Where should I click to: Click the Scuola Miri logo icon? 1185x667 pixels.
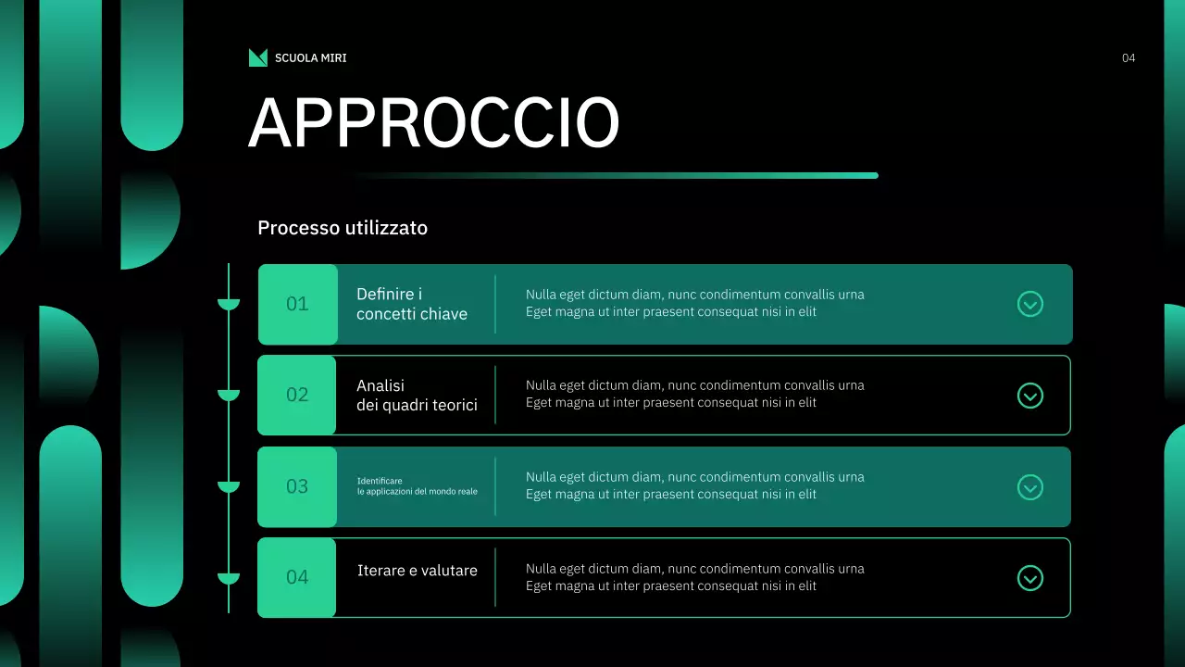[257, 57]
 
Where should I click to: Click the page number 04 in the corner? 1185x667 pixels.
[1128, 58]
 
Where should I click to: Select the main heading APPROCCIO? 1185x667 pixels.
[433, 122]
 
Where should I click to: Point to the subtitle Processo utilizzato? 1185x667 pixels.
[343, 228]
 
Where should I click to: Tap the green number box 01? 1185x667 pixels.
[297, 304]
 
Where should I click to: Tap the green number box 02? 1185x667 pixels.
[297, 395]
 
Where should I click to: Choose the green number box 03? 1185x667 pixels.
[297, 486]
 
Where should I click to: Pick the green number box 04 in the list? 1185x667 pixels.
[297, 577]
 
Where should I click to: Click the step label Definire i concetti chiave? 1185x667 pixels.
[412, 304]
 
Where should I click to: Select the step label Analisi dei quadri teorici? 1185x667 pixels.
[417, 396]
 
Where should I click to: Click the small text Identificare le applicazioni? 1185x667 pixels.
[418, 486]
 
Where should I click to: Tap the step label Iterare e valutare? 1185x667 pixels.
[418, 571]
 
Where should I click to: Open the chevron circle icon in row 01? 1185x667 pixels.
[1030, 304]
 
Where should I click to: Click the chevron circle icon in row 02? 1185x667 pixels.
[1030, 396]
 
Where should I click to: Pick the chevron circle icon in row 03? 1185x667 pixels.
[1030, 487]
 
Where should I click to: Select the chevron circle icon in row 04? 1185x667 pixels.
[1030, 578]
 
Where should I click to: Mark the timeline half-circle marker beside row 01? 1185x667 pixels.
[229, 304]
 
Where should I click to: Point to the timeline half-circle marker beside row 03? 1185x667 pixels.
[229, 486]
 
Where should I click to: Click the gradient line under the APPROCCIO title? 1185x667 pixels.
[616, 175]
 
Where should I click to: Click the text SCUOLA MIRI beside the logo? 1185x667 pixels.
[310, 58]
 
